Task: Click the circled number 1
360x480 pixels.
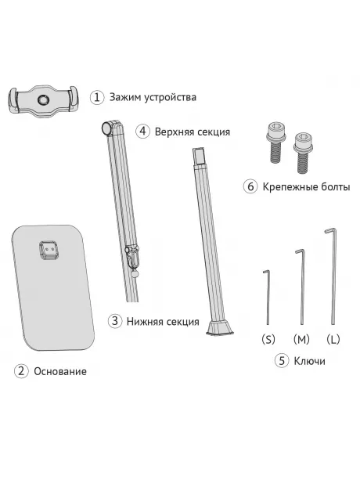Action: pos(97,97)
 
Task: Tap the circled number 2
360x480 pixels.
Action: pos(21,370)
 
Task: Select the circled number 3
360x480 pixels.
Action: pos(115,321)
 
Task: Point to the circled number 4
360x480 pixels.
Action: pos(142,132)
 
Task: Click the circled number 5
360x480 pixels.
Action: pos(283,361)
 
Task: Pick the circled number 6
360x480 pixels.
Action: pos(250,187)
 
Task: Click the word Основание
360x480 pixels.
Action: pos(60,371)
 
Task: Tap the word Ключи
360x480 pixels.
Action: pos(310,361)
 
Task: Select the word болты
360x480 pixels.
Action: pos(332,187)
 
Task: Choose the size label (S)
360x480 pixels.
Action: pos(268,339)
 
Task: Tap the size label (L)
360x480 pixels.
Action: pos(333,339)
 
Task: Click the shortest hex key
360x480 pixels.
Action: pos(266,298)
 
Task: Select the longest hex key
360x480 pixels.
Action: pos(332,274)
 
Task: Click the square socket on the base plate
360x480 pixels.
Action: pos(51,250)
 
